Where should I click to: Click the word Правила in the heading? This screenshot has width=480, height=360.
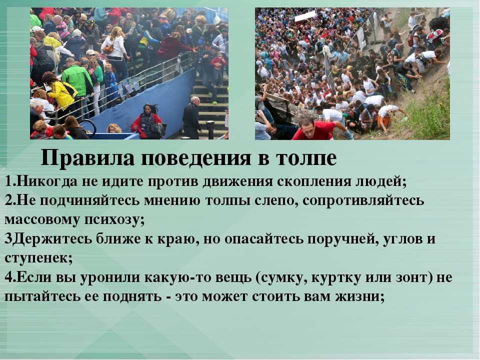87,158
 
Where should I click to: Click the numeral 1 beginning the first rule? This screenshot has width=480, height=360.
8,181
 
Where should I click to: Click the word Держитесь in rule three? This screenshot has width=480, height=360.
52,239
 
